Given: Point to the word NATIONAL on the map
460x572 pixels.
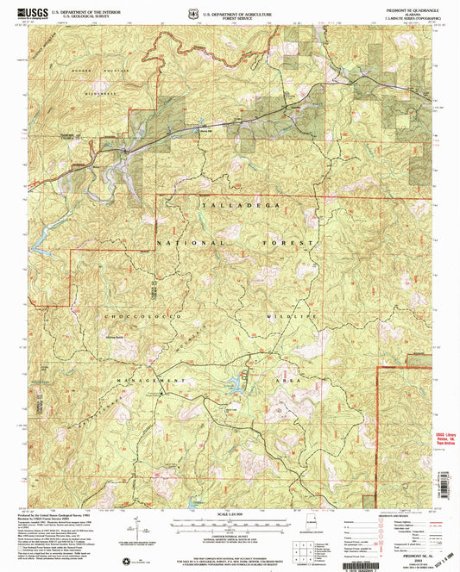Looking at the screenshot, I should pos(187,245).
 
